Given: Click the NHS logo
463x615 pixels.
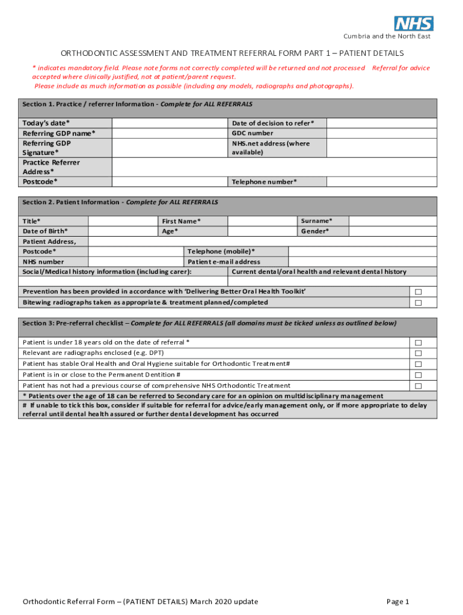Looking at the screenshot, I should click(x=414, y=23).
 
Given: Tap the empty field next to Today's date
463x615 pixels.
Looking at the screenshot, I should click(x=170, y=123).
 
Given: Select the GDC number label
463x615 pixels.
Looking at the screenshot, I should click(x=253, y=133).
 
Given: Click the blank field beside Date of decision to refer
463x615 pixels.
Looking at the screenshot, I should click(x=382, y=123).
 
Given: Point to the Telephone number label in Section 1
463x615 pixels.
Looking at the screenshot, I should click(x=265, y=182).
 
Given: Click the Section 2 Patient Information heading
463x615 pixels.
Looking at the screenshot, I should click(x=120, y=202).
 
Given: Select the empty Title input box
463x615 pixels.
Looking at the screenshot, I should click(x=123, y=221).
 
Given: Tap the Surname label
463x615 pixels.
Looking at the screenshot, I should click(x=316, y=221).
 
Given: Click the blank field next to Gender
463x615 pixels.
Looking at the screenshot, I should click(x=393, y=231).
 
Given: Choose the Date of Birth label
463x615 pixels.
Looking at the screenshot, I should click(x=46, y=231).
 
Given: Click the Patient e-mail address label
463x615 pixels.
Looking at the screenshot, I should click(x=224, y=262).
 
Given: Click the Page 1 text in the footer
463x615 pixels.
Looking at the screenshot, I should click(x=398, y=602).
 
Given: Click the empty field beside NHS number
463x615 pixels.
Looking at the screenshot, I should click(x=135, y=262).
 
